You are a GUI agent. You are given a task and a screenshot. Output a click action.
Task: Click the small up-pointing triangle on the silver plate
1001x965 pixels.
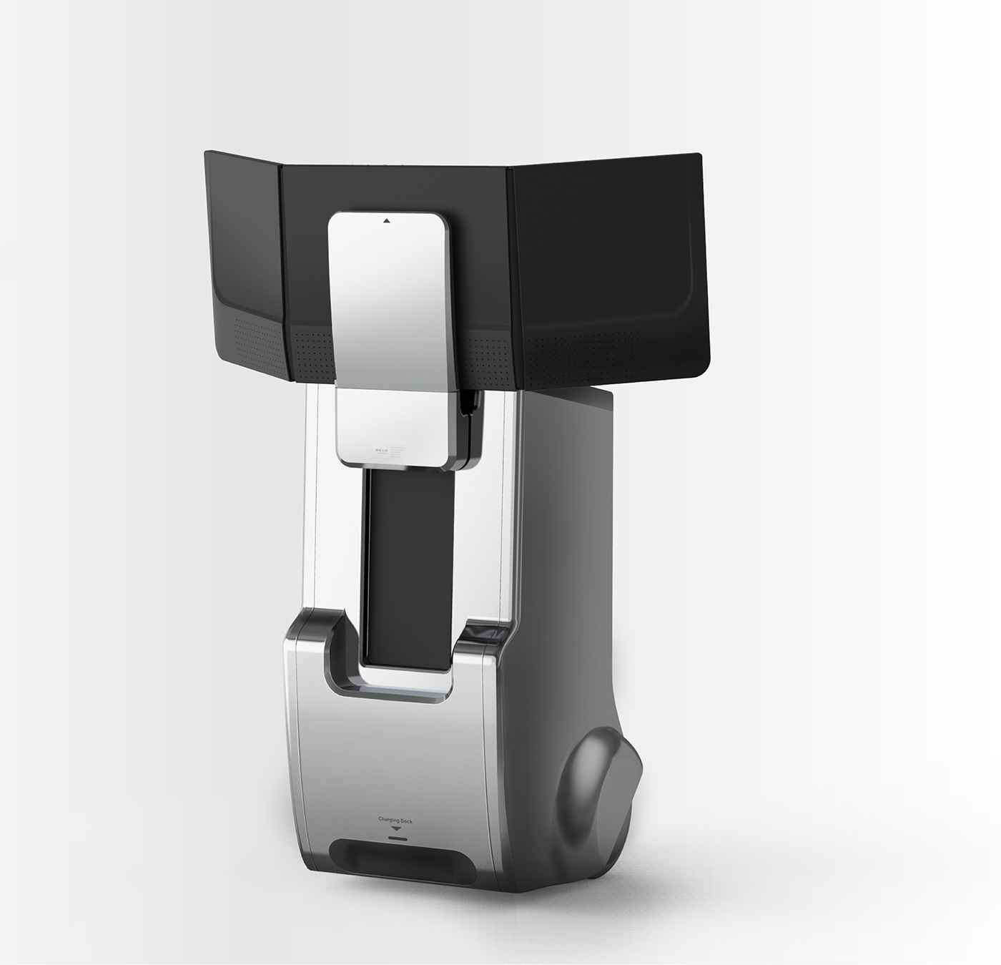[386, 221]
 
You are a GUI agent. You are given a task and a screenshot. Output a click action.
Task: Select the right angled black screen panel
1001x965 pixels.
[608, 265]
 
